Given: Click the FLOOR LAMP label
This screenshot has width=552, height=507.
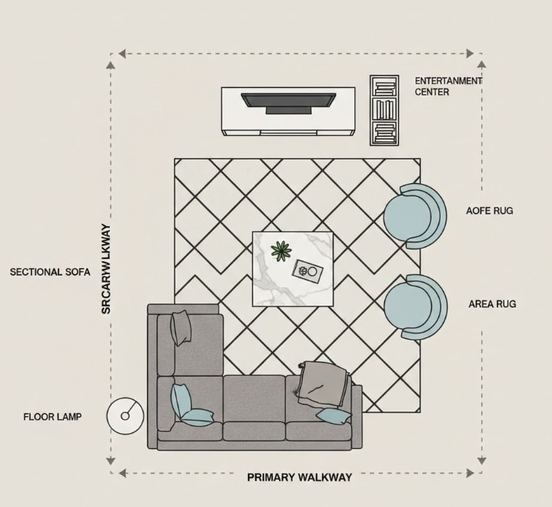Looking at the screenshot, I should click(52, 417).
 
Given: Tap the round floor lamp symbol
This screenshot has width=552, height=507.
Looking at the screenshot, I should click(125, 415).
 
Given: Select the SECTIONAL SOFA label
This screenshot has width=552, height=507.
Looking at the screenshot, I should click(50, 272).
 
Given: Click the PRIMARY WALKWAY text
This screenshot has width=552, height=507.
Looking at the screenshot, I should click(300, 477).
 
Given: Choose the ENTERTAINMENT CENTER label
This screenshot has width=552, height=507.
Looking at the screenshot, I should click(448, 86).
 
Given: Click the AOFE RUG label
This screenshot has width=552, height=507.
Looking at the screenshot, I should click(489, 210).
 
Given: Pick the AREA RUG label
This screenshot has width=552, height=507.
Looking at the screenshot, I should click(492, 304).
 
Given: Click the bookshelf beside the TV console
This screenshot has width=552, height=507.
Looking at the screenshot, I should click(384, 110).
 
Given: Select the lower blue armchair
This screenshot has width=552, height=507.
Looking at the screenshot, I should click(412, 307).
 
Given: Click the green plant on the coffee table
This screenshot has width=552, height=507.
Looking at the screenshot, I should click(281, 250).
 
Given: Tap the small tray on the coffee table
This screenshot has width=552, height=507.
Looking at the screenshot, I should click(308, 272).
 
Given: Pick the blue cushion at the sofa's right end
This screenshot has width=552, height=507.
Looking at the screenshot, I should click(334, 415).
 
